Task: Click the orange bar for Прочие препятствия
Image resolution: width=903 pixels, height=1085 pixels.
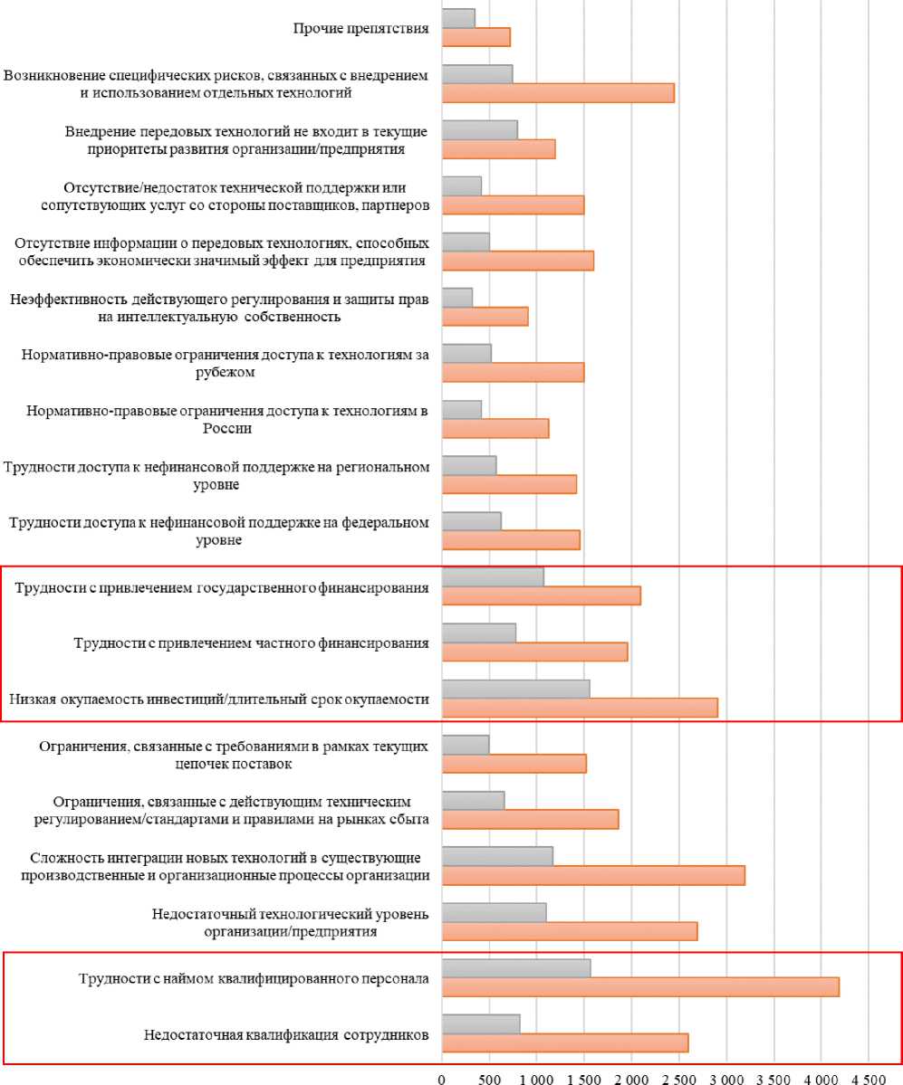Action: pos(476,37)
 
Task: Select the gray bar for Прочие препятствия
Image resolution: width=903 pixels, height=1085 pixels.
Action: pos(458,18)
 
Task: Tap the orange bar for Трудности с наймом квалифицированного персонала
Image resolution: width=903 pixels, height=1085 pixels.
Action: pos(640,986)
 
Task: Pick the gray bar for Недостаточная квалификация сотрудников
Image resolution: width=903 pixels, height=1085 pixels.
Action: pos(481,1023)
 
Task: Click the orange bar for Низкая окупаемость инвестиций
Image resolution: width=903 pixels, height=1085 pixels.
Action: pos(580,708)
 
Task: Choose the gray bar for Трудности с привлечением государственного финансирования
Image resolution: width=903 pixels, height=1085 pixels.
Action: pos(493,576)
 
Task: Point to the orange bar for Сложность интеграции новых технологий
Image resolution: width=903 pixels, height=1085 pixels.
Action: pos(593,875)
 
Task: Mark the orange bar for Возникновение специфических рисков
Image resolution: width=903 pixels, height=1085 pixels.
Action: pos(558,92)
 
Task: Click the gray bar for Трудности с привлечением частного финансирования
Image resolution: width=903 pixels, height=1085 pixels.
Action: pos(479,633)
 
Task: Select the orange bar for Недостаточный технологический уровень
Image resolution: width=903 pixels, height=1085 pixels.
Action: pos(570,930)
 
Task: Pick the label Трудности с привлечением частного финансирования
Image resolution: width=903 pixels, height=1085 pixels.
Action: pos(251,643)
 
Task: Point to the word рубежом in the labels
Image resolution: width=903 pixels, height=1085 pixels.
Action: pos(225,372)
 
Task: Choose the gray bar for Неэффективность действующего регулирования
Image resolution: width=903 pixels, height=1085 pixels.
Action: pos(457,298)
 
